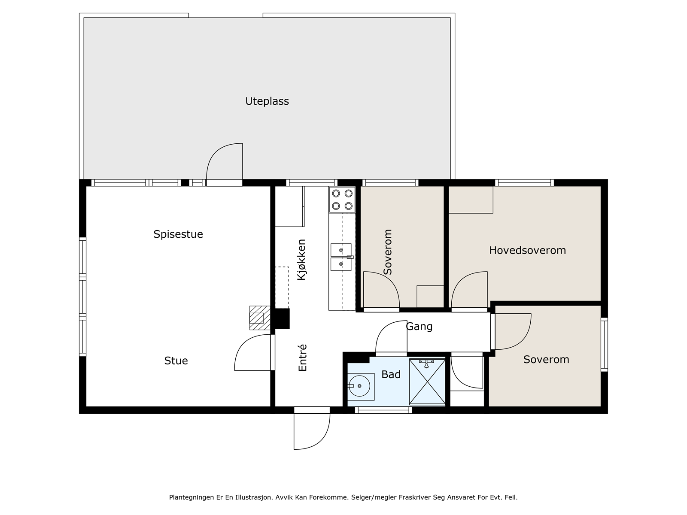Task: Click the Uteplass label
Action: tap(267, 101)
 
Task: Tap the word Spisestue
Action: tap(178, 234)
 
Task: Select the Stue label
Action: tap(176, 360)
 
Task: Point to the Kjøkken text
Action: tap(301, 260)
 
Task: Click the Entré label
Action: tap(302, 358)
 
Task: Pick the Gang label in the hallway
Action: tap(419, 327)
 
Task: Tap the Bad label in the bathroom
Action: tap(391, 374)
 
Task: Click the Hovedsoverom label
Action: tap(527, 250)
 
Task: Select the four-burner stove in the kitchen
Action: tap(342, 200)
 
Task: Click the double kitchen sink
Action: tap(341, 257)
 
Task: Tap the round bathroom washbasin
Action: tap(360, 386)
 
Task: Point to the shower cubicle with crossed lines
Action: tap(427, 382)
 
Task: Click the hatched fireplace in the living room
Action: tap(260, 318)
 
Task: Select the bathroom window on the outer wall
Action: tap(383, 410)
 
